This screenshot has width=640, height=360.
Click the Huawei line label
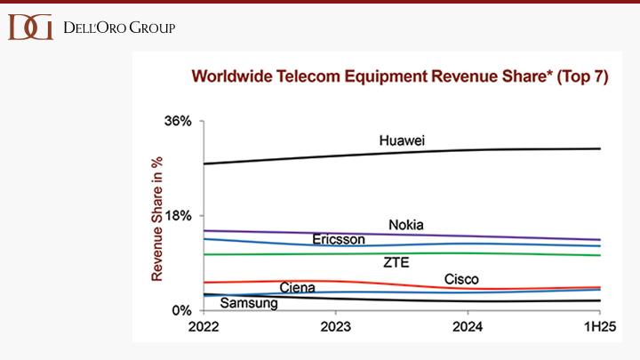[x=402, y=140]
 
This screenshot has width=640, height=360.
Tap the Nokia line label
[x=406, y=224]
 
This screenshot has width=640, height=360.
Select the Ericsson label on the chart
[x=339, y=240]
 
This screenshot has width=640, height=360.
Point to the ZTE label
[x=396, y=262]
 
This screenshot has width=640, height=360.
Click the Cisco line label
[x=461, y=280]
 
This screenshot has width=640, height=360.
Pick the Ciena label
[x=297, y=287]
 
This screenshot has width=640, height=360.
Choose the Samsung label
[x=249, y=303]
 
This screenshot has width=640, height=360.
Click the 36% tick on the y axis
[x=179, y=121]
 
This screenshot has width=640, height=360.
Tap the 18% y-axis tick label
[x=179, y=216]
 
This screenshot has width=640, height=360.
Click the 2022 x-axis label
[x=205, y=326]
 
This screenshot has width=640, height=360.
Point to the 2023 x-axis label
[x=336, y=326]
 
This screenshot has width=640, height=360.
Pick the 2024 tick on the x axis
[x=468, y=326]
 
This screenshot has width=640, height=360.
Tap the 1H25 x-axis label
[x=598, y=326]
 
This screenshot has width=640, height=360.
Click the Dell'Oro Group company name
[x=119, y=28]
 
